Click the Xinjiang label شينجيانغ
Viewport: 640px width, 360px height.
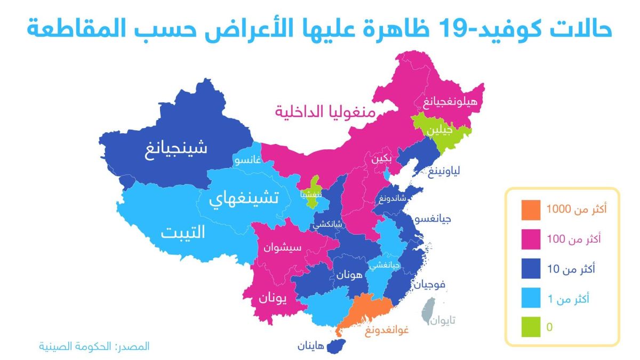pyautogui.click(x=176, y=148)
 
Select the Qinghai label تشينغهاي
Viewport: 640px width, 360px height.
pyautogui.click(x=243, y=199)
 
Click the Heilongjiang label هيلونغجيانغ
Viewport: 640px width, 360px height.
pyautogui.click(x=450, y=101)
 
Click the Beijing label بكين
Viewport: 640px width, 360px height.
pyautogui.click(x=382, y=159)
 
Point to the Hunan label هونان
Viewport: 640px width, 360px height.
pyautogui.click(x=349, y=275)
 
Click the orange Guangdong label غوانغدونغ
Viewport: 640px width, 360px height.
pyautogui.click(x=387, y=332)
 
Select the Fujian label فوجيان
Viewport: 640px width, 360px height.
pyautogui.click(x=429, y=284)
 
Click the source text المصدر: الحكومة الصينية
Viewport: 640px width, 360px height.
pyautogui.click(x=94, y=346)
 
